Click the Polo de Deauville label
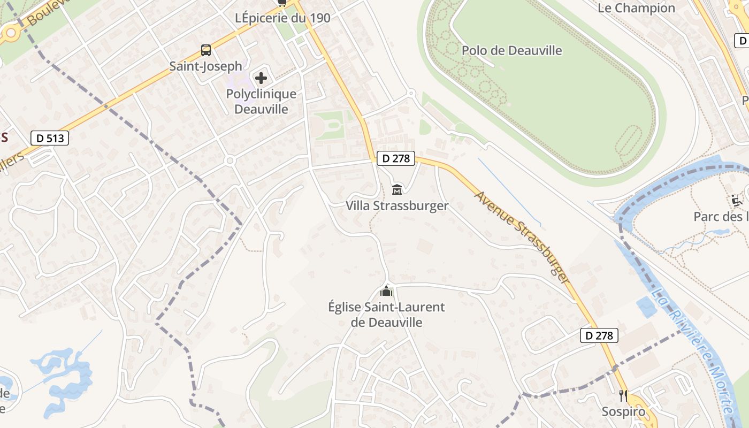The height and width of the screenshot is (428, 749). coord(511,50)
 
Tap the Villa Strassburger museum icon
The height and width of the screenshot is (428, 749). coord(397,189)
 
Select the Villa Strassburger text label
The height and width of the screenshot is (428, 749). coord(397,205)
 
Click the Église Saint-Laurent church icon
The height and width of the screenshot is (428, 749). coord(386,291)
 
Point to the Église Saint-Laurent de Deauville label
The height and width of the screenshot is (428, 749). coord(386,315)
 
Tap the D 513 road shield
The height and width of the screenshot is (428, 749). coord(50,138)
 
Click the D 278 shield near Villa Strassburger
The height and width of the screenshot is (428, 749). coord(396,158)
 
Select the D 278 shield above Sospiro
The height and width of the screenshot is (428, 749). coord(599,335)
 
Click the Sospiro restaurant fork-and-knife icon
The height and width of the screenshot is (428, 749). coord(623,396)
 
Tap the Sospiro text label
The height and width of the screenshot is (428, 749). coord(623,411)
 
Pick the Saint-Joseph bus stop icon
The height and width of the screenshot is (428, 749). coord(206,50)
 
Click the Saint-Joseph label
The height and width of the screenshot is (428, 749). coord(206,66)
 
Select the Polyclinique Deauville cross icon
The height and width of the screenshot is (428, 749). coord(261,78)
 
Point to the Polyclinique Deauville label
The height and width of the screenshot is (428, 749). coord(261,102)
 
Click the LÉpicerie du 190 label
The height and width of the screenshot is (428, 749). coord(282,18)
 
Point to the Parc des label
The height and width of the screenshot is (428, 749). coord(720,217)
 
